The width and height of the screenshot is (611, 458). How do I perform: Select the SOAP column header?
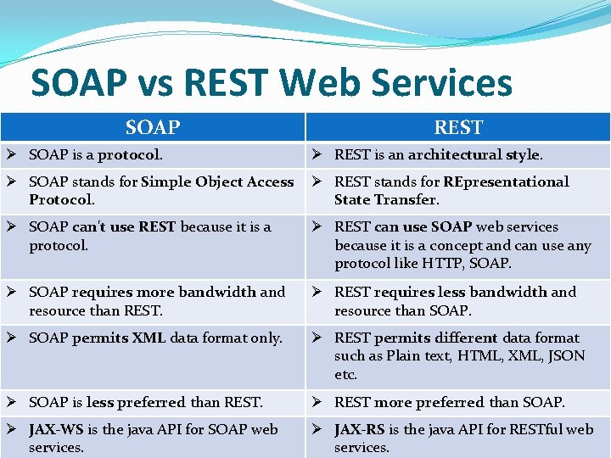153,127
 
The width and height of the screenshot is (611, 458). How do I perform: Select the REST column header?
458,127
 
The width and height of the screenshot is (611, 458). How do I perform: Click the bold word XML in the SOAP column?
149,338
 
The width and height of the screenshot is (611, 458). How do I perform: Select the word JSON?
568,356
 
